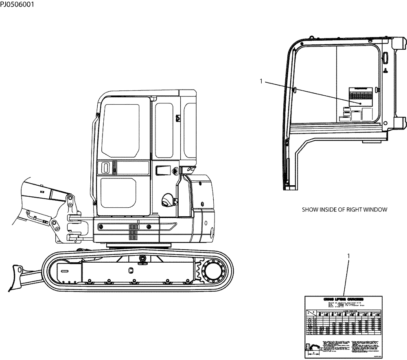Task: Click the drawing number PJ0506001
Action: tap(17, 5)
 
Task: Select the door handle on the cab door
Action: tap(105, 167)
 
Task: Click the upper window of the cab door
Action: tap(120, 130)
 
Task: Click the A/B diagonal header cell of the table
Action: tap(311, 313)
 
